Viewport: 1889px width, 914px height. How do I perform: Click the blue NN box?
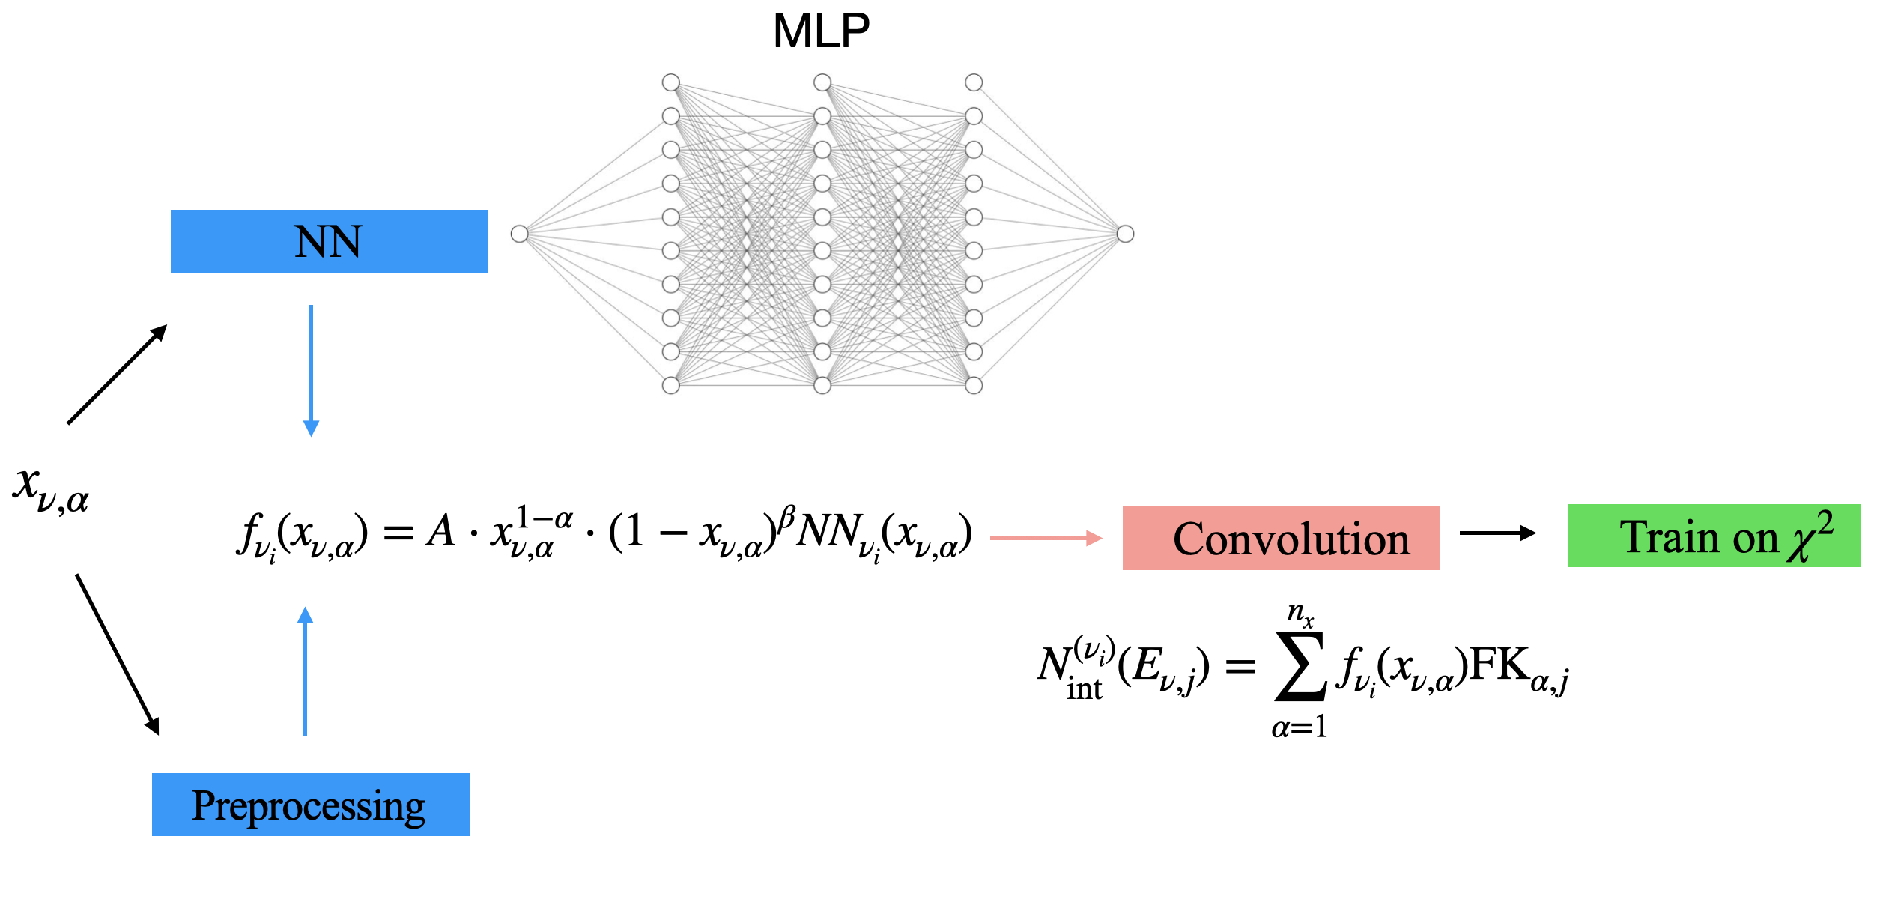click(329, 241)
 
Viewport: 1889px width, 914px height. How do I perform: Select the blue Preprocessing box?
click(310, 805)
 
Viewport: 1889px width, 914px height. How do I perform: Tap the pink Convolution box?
click(1281, 538)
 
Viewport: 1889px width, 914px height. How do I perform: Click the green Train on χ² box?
click(1714, 536)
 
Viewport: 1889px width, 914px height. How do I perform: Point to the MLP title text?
click(821, 31)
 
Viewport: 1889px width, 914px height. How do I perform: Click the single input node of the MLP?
click(519, 234)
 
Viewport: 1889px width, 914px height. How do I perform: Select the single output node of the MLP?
click(1125, 234)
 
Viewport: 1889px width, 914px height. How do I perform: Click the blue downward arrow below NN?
click(311, 370)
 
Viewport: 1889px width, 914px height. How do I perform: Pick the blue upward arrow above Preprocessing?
click(305, 671)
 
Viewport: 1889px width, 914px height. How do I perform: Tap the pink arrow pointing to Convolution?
click(1046, 538)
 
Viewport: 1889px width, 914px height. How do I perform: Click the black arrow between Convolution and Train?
click(1497, 533)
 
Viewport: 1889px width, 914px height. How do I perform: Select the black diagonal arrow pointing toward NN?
click(117, 375)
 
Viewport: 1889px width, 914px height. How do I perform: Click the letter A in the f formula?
click(440, 532)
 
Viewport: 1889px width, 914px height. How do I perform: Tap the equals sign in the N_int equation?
click(1240, 665)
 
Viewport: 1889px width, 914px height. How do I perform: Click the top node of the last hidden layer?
click(974, 82)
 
